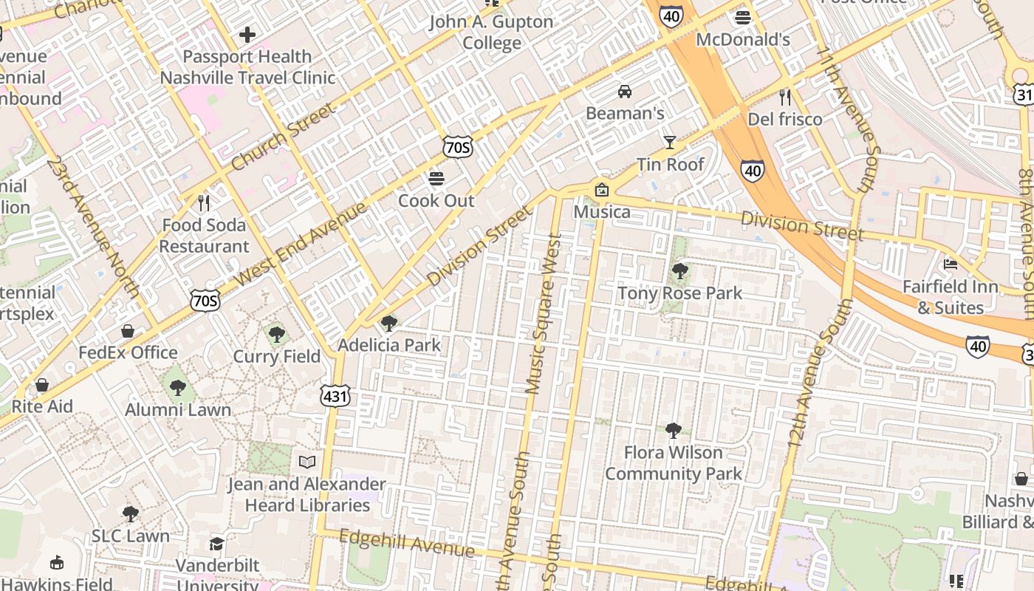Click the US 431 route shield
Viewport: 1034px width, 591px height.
click(x=335, y=397)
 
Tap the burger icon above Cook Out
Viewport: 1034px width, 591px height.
click(x=436, y=179)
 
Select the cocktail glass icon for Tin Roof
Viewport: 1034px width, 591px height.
click(x=670, y=143)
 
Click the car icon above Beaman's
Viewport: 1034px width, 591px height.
click(x=625, y=92)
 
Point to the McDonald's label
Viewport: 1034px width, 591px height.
click(x=743, y=40)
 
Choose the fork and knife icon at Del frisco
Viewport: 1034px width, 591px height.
click(x=785, y=97)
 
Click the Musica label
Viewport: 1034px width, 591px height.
click(x=603, y=212)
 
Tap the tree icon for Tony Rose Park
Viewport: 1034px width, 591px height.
click(x=680, y=271)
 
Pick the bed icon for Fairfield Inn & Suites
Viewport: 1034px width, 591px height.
click(x=951, y=264)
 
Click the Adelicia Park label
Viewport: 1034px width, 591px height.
click(x=389, y=345)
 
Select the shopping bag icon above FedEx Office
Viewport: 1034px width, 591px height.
click(x=128, y=331)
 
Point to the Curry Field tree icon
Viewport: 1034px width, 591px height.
click(x=277, y=335)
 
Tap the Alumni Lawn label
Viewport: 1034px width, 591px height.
click(x=178, y=409)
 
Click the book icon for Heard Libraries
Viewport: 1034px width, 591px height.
click(x=307, y=462)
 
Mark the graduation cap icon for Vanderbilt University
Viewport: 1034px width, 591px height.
click(x=216, y=544)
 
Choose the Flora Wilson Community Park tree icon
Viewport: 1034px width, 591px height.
click(x=673, y=430)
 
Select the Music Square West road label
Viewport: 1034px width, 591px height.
click(x=544, y=313)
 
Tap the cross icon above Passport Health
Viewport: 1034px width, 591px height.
click(x=247, y=35)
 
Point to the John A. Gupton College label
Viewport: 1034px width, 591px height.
click(x=492, y=33)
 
